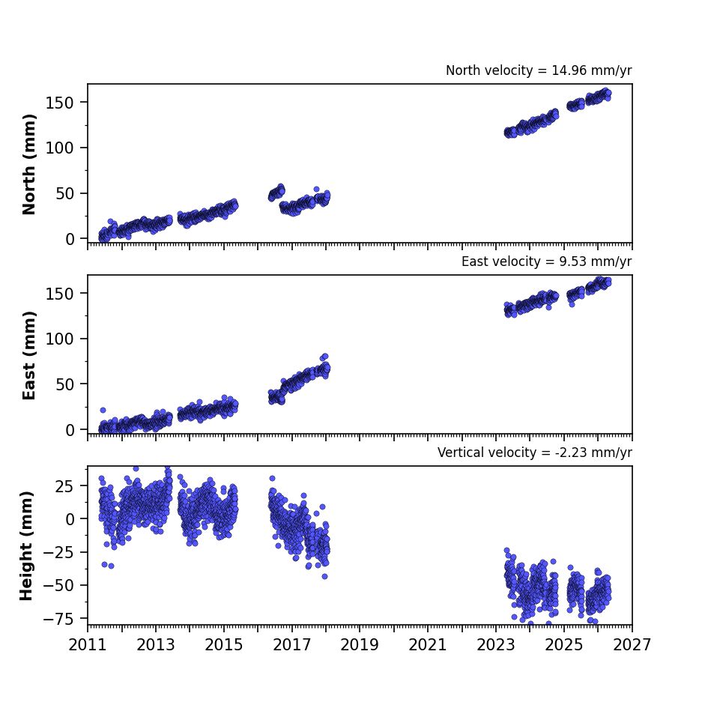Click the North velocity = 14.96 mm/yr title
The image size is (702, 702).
(x=539, y=70)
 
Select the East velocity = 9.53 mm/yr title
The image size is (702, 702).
(x=547, y=261)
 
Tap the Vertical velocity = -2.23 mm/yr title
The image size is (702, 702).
(x=535, y=453)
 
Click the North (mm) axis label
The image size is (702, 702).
(x=28, y=164)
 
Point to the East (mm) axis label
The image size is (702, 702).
(x=28, y=355)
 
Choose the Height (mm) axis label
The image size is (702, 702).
(x=26, y=545)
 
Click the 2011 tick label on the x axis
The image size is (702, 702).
(x=88, y=645)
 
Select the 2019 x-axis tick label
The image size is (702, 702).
(x=360, y=645)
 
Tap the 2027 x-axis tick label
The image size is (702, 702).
(x=632, y=645)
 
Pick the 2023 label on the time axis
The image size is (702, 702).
(x=496, y=645)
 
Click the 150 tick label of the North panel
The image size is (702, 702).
(x=59, y=103)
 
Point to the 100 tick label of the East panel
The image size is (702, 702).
(x=59, y=339)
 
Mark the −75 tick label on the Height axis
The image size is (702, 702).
(x=58, y=619)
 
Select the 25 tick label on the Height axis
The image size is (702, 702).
(x=64, y=485)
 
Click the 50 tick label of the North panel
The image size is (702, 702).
(x=64, y=193)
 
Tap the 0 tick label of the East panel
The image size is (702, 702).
(x=70, y=430)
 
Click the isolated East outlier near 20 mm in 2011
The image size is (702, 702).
(x=103, y=410)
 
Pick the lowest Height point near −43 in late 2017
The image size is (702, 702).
(x=325, y=576)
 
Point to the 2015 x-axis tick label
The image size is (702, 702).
(x=223, y=645)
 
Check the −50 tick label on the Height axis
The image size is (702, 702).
(x=58, y=586)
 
